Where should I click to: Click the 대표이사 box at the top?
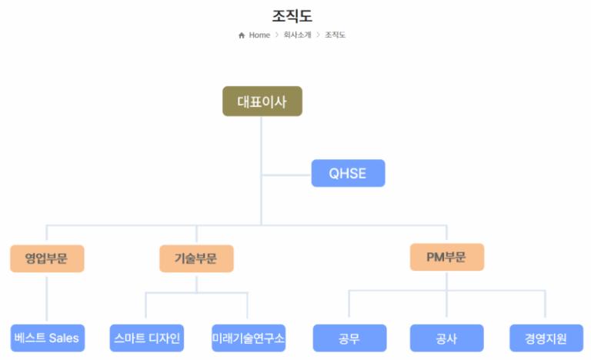(x=262, y=102)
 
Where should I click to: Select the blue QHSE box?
(x=348, y=173)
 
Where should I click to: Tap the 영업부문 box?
(x=47, y=258)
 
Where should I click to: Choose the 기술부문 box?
(x=196, y=258)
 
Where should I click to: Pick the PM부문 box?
(x=446, y=257)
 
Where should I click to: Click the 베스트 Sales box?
(x=47, y=338)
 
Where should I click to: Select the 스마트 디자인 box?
(x=146, y=338)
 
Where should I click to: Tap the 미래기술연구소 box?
(x=248, y=338)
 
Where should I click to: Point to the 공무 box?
(x=349, y=338)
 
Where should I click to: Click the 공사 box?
(x=446, y=338)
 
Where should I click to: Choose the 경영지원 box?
(x=546, y=338)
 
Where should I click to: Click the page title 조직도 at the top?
(x=292, y=15)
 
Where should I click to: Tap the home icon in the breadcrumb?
(x=242, y=35)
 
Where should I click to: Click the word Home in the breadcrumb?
(x=259, y=35)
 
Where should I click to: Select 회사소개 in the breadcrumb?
(x=297, y=35)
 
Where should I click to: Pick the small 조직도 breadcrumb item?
(x=335, y=35)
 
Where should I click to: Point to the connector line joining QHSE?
(x=286, y=175)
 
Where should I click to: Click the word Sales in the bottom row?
(x=64, y=338)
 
